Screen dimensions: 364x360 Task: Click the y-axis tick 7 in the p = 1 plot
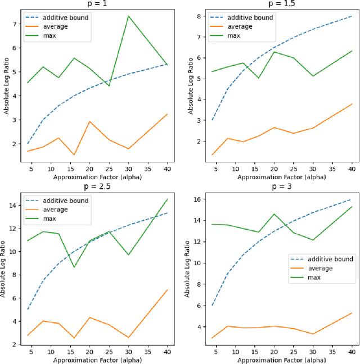click(15, 24)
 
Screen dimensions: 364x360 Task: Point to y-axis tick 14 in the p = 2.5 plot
click(13, 205)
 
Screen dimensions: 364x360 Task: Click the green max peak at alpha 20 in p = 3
click(273, 214)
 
